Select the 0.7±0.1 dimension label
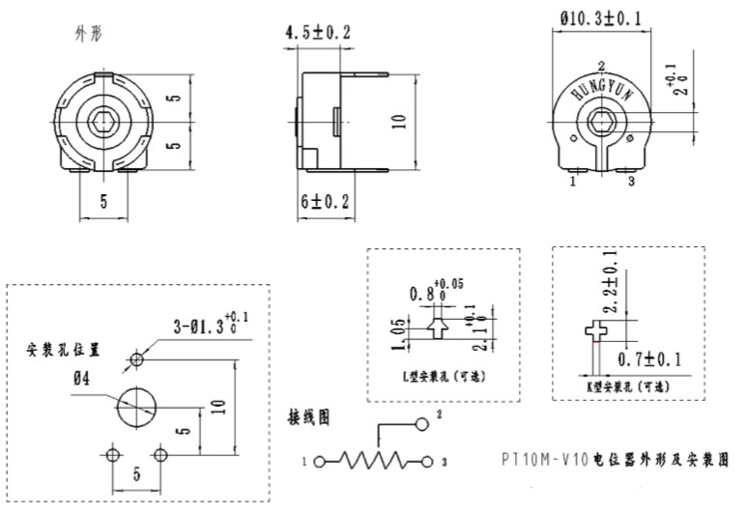(x=648, y=359)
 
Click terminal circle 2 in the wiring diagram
(x=422, y=424)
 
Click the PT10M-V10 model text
(x=543, y=460)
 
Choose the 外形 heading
(x=88, y=33)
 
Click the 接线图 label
(x=309, y=417)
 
